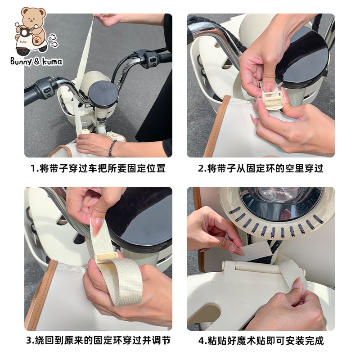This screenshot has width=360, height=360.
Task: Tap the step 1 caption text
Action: coord(98,168)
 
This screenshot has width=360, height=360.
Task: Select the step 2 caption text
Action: coord(261,168)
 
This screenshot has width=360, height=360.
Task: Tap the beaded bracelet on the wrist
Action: coord(112,148)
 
